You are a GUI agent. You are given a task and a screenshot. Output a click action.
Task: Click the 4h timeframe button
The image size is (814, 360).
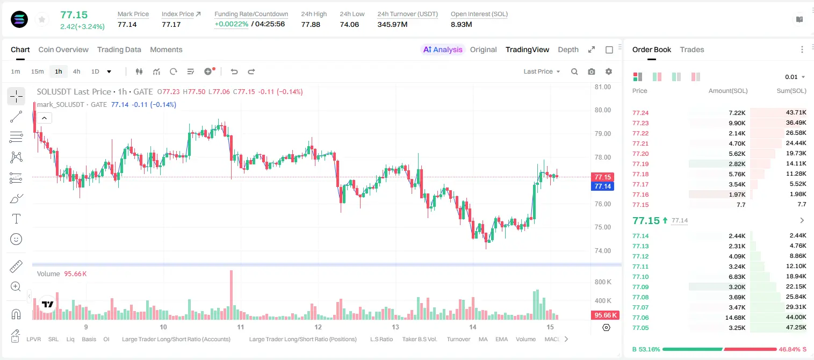[x=76, y=71]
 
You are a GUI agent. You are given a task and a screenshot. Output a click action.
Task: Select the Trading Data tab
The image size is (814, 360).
[x=119, y=49]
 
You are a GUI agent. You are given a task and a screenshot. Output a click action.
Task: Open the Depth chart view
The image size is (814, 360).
[x=568, y=49]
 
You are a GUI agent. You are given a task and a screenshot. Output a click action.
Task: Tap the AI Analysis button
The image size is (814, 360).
[x=443, y=49]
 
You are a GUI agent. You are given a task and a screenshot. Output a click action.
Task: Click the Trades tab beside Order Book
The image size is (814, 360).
[x=692, y=49]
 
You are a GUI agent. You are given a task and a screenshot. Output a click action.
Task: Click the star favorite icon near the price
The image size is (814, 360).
[x=42, y=19]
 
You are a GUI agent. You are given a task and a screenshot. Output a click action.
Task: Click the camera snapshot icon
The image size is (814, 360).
[x=592, y=71]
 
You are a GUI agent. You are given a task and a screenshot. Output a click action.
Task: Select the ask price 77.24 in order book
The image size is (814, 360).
[x=640, y=113]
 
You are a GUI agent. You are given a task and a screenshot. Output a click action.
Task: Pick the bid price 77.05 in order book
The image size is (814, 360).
[x=640, y=328]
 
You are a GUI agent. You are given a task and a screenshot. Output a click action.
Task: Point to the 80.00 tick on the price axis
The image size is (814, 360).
[x=602, y=110]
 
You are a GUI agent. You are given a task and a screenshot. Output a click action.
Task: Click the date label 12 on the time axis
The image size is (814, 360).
[x=318, y=327]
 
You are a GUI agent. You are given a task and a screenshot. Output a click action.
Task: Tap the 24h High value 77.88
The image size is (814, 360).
[x=311, y=24]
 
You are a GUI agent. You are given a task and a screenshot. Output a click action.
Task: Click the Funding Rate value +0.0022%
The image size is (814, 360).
[x=231, y=24]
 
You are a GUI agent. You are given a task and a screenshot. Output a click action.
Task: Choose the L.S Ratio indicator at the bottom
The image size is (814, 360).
[x=381, y=339]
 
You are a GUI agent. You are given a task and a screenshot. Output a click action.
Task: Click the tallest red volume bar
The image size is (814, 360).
[x=231, y=294]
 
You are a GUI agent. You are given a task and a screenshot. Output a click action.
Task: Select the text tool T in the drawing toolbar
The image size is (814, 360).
[x=16, y=219]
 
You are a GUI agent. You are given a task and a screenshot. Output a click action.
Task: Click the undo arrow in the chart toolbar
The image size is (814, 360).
[x=234, y=71]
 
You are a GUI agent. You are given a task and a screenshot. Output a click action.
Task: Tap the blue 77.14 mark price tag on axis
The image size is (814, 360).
[x=602, y=186]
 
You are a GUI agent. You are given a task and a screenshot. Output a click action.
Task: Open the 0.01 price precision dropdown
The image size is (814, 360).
[x=795, y=77]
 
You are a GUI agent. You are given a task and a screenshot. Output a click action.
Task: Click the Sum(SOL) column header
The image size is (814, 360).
[x=791, y=91]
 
